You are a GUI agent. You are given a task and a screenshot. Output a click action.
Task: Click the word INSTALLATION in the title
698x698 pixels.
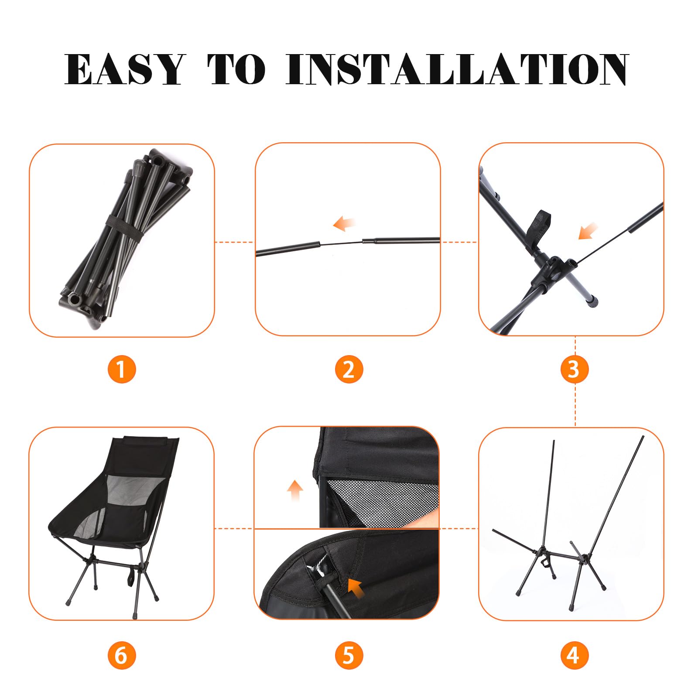(x=457, y=70)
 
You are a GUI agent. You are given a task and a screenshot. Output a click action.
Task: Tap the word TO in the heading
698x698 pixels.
(x=236, y=70)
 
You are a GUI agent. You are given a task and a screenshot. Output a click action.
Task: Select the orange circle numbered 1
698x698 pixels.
(x=122, y=369)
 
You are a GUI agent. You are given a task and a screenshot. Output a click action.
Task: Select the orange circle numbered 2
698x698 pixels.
(x=349, y=369)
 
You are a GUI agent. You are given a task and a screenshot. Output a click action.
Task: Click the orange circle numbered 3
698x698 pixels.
(x=575, y=369)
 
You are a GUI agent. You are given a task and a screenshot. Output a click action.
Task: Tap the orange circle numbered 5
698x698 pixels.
(x=349, y=655)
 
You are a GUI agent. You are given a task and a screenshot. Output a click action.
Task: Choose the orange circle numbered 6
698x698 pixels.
(x=122, y=655)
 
